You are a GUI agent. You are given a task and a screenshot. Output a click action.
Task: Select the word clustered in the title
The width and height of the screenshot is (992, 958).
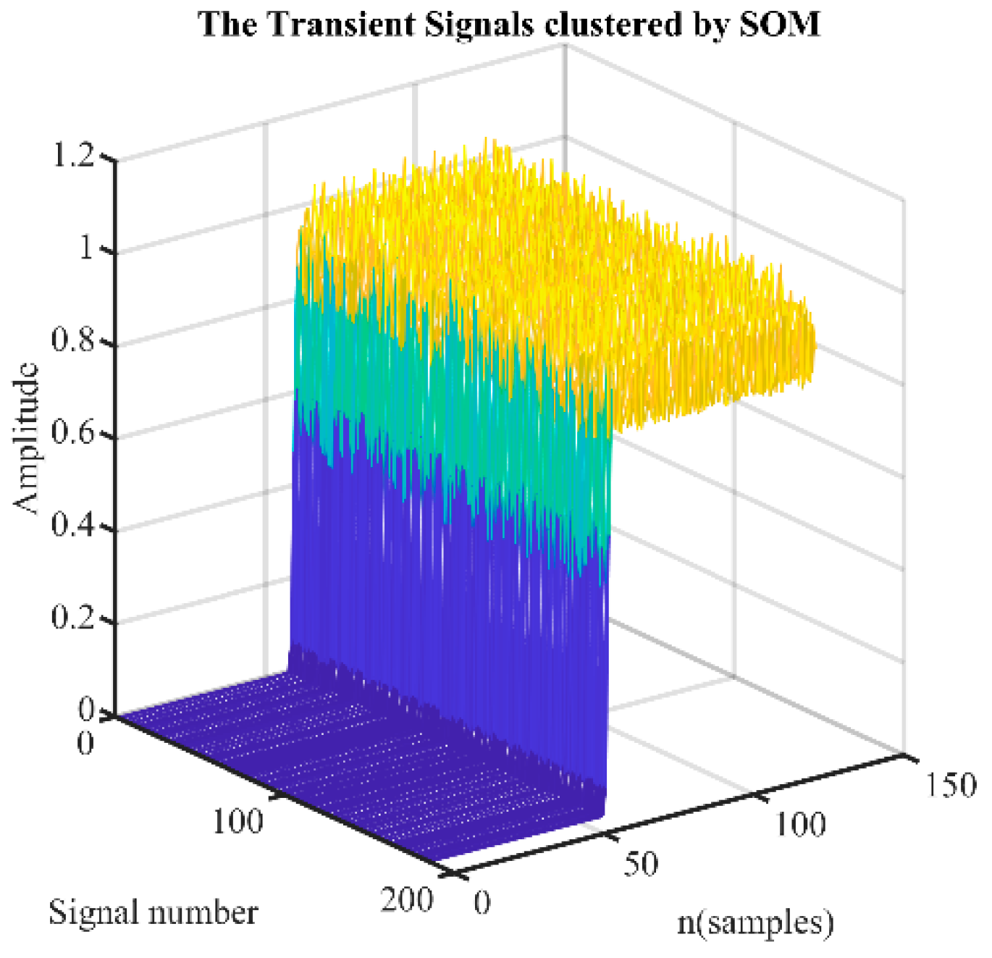(x=613, y=25)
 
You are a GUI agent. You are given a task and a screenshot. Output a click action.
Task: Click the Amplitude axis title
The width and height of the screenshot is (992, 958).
(x=27, y=438)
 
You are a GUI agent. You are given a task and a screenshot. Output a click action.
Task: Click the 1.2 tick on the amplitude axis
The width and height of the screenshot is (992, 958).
(x=73, y=156)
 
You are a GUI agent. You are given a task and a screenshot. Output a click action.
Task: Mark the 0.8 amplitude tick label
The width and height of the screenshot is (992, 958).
(x=73, y=340)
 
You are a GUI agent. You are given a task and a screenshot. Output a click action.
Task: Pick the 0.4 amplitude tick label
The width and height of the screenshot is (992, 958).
(x=73, y=526)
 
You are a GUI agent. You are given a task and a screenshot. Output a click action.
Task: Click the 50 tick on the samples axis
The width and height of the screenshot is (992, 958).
(x=641, y=864)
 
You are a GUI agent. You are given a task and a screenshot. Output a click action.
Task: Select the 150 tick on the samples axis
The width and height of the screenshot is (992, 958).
(x=951, y=785)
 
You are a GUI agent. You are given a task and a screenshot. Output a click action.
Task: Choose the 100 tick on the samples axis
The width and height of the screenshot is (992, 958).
(x=801, y=825)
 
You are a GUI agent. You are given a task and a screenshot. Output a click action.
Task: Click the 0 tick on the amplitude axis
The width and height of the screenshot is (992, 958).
(x=86, y=710)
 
